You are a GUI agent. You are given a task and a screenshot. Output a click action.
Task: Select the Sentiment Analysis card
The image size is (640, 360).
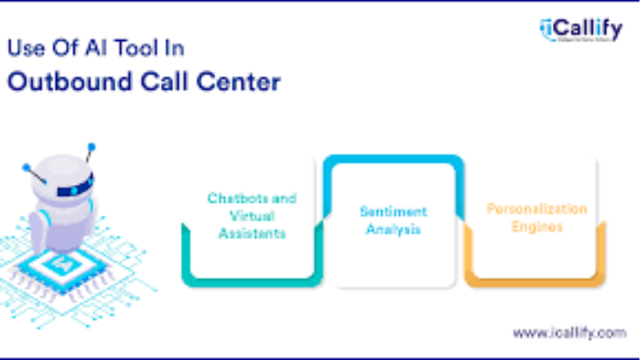(x=393, y=220)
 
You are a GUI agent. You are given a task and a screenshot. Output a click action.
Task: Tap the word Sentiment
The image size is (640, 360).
(x=393, y=212)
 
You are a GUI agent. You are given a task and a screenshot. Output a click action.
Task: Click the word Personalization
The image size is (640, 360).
(x=537, y=210)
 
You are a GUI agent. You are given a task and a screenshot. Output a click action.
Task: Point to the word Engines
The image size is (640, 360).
(x=535, y=227)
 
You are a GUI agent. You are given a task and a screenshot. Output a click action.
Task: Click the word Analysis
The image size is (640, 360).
(x=393, y=230)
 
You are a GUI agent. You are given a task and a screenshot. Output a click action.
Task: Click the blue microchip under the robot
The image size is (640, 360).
(x=60, y=261)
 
